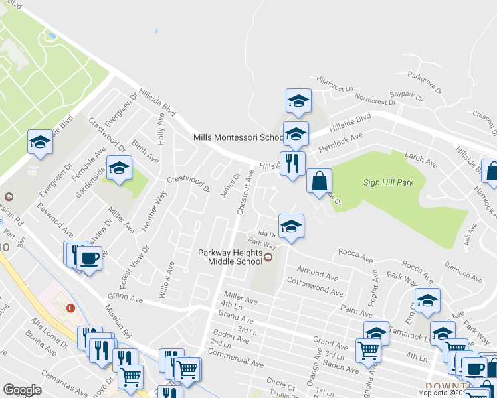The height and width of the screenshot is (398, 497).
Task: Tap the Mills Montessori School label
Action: (238, 137)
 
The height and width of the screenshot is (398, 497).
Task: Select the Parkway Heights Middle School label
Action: (231, 257)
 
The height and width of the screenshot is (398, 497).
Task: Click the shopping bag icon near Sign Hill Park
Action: (320, 180)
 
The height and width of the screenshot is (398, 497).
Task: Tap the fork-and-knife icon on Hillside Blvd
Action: (292, 163)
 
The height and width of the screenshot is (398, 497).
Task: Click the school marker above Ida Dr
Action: (291, 227)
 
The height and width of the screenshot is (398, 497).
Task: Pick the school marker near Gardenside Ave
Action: (120, 168)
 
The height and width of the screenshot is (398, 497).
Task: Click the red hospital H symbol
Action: (71, 307)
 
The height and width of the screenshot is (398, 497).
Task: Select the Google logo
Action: (22, 390)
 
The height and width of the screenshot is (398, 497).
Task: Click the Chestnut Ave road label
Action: (243, 192)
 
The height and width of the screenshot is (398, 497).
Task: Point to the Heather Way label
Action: (154, 210)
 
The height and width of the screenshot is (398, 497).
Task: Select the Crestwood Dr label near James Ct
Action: (188, 184)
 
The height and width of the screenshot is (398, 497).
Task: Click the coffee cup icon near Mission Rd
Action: (88, 257)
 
